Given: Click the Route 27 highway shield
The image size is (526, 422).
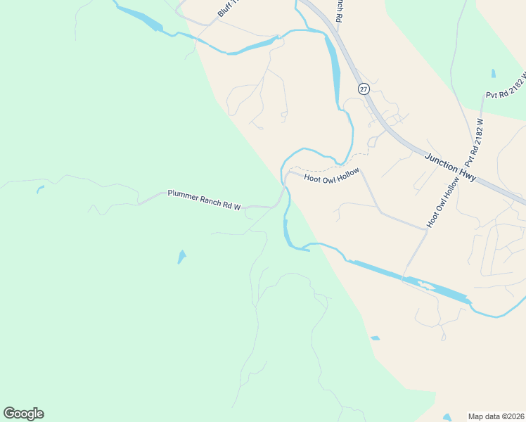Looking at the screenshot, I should point(363,89).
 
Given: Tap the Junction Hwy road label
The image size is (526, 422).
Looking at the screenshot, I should point(451,168).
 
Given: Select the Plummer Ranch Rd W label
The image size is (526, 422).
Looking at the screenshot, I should point(204,200).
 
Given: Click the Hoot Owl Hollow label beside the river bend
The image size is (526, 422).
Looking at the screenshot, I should point(331,175).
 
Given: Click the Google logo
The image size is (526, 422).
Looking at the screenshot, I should point(23,414).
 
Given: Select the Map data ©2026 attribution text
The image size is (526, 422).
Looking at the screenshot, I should point(496,416).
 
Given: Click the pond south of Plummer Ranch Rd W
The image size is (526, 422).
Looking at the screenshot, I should point(182,257).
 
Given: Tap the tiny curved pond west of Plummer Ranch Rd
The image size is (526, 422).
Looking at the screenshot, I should point(40,188).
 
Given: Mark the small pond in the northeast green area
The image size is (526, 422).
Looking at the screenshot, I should point(493,72).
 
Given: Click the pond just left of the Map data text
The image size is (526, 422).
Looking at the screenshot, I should point(447,416).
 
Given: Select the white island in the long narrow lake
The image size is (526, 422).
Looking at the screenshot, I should point(423,285).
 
